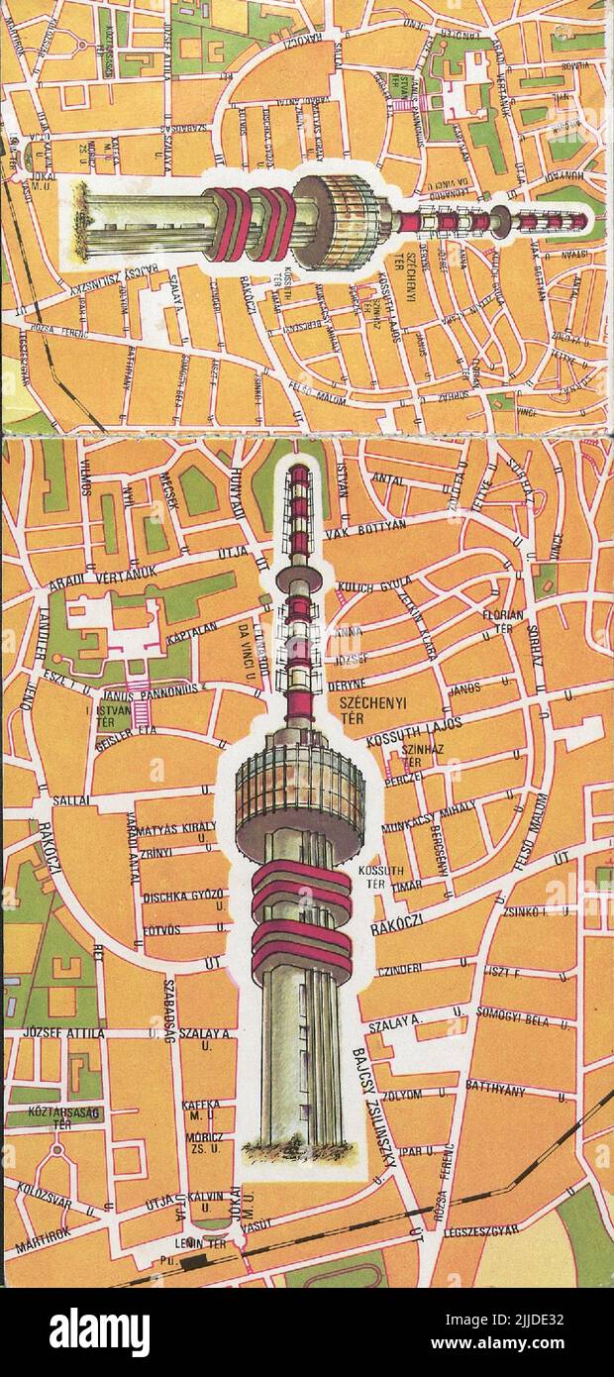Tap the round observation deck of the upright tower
coord(299,783)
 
